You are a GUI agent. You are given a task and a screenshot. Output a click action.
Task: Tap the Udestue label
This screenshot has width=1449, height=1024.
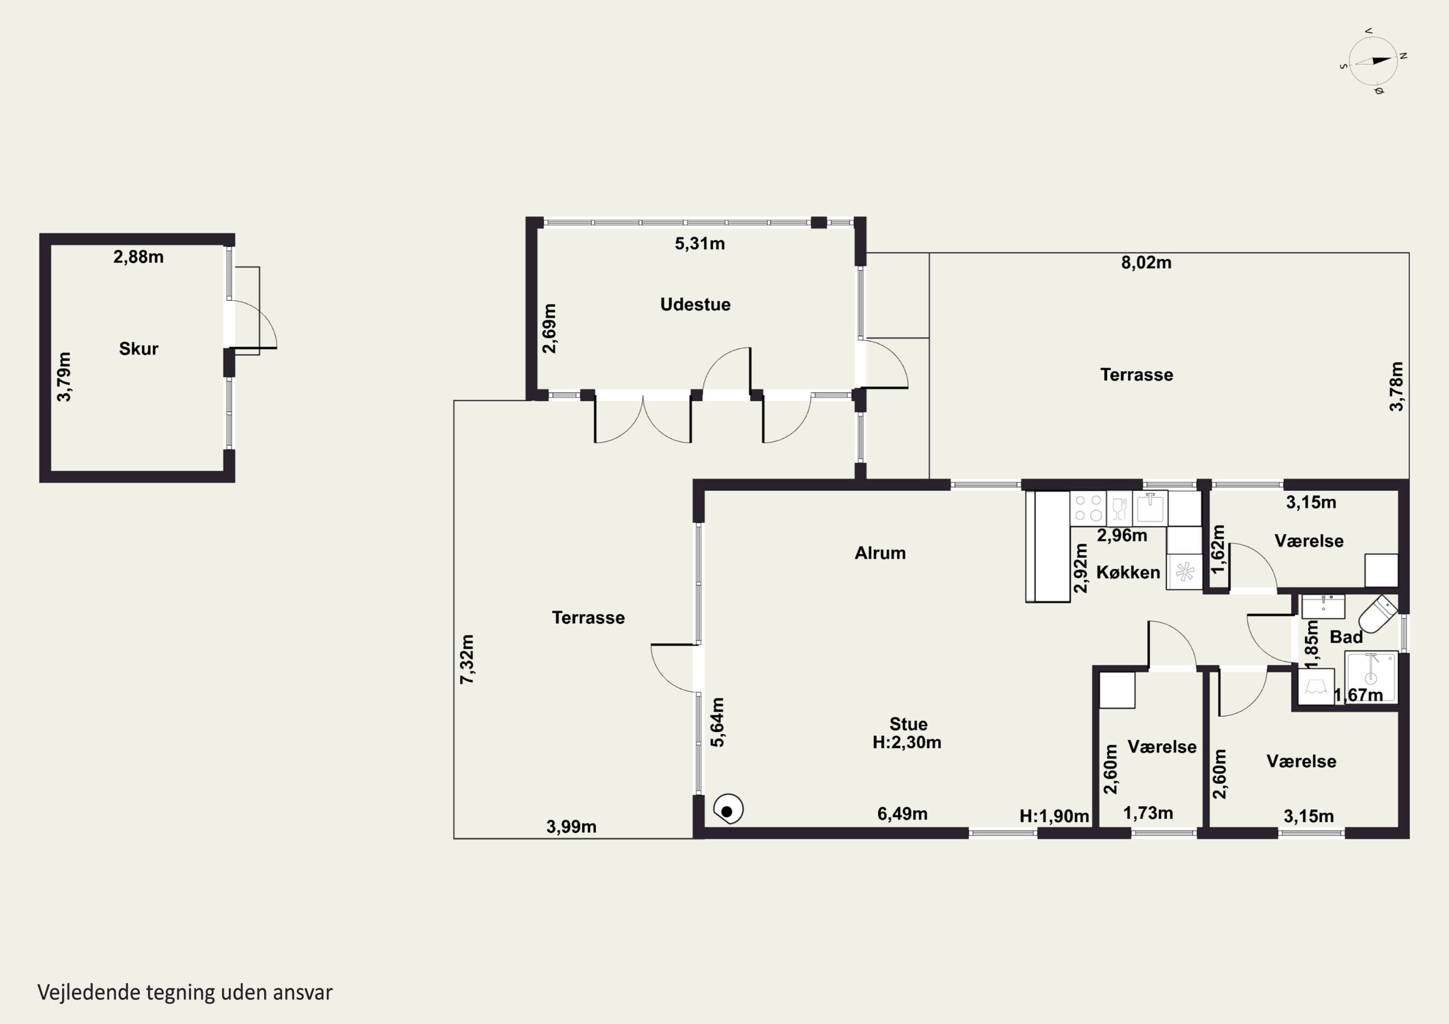[x=696, y=304]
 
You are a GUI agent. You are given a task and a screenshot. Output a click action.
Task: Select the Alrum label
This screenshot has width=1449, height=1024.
[x=881, y=553]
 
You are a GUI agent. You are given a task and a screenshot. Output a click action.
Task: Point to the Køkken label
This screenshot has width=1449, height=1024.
[x=1128, y=572]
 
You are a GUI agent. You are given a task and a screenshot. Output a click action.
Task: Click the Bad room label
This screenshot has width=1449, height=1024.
[x=1346, y=637]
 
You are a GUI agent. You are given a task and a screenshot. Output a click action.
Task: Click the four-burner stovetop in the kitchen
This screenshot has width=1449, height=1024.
[x=1088, y=508]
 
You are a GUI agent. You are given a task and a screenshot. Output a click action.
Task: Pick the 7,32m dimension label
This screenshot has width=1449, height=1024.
[x=467, y=659]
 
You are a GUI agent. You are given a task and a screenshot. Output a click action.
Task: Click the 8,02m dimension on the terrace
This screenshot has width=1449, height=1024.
[x=1146, y=263]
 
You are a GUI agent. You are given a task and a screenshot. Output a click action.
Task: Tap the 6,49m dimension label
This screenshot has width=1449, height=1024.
[x=902, y=814]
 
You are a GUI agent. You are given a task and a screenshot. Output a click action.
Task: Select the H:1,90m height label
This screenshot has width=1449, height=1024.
[x=1054, y=816]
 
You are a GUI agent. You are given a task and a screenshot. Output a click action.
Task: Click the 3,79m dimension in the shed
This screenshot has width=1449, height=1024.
[x=64, y=377]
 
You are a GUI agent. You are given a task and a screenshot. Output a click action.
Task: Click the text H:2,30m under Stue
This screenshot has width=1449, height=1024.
[x=907, y=742]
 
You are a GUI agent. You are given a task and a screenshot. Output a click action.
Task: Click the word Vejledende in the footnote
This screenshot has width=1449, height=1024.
[x=88, y=993]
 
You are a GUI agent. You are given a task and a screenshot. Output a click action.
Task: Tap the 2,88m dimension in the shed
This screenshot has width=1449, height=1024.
[x=138, y=257]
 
